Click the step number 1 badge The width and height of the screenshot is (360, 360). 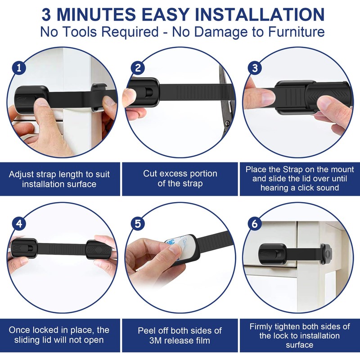click(x=19, y=68)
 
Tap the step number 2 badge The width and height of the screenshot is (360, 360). click(x=138, y=68)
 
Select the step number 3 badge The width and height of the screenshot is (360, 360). click(x=255, y=68)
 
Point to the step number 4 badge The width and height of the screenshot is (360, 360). click(x=19, y=223)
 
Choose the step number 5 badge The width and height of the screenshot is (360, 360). click(x=138, y=223)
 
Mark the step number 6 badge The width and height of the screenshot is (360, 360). click(x=255, y=223)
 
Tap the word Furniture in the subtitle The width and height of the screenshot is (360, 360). click(x=296, y=31)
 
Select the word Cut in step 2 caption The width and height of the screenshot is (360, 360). click(x=150, y=174)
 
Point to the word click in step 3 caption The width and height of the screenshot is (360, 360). click(x=308, y=188)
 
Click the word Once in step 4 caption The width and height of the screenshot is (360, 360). click(x=20, y=330)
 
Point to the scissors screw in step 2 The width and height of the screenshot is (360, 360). click(x=227, y=123)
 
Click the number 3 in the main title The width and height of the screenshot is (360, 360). click(x=46, y=14)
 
